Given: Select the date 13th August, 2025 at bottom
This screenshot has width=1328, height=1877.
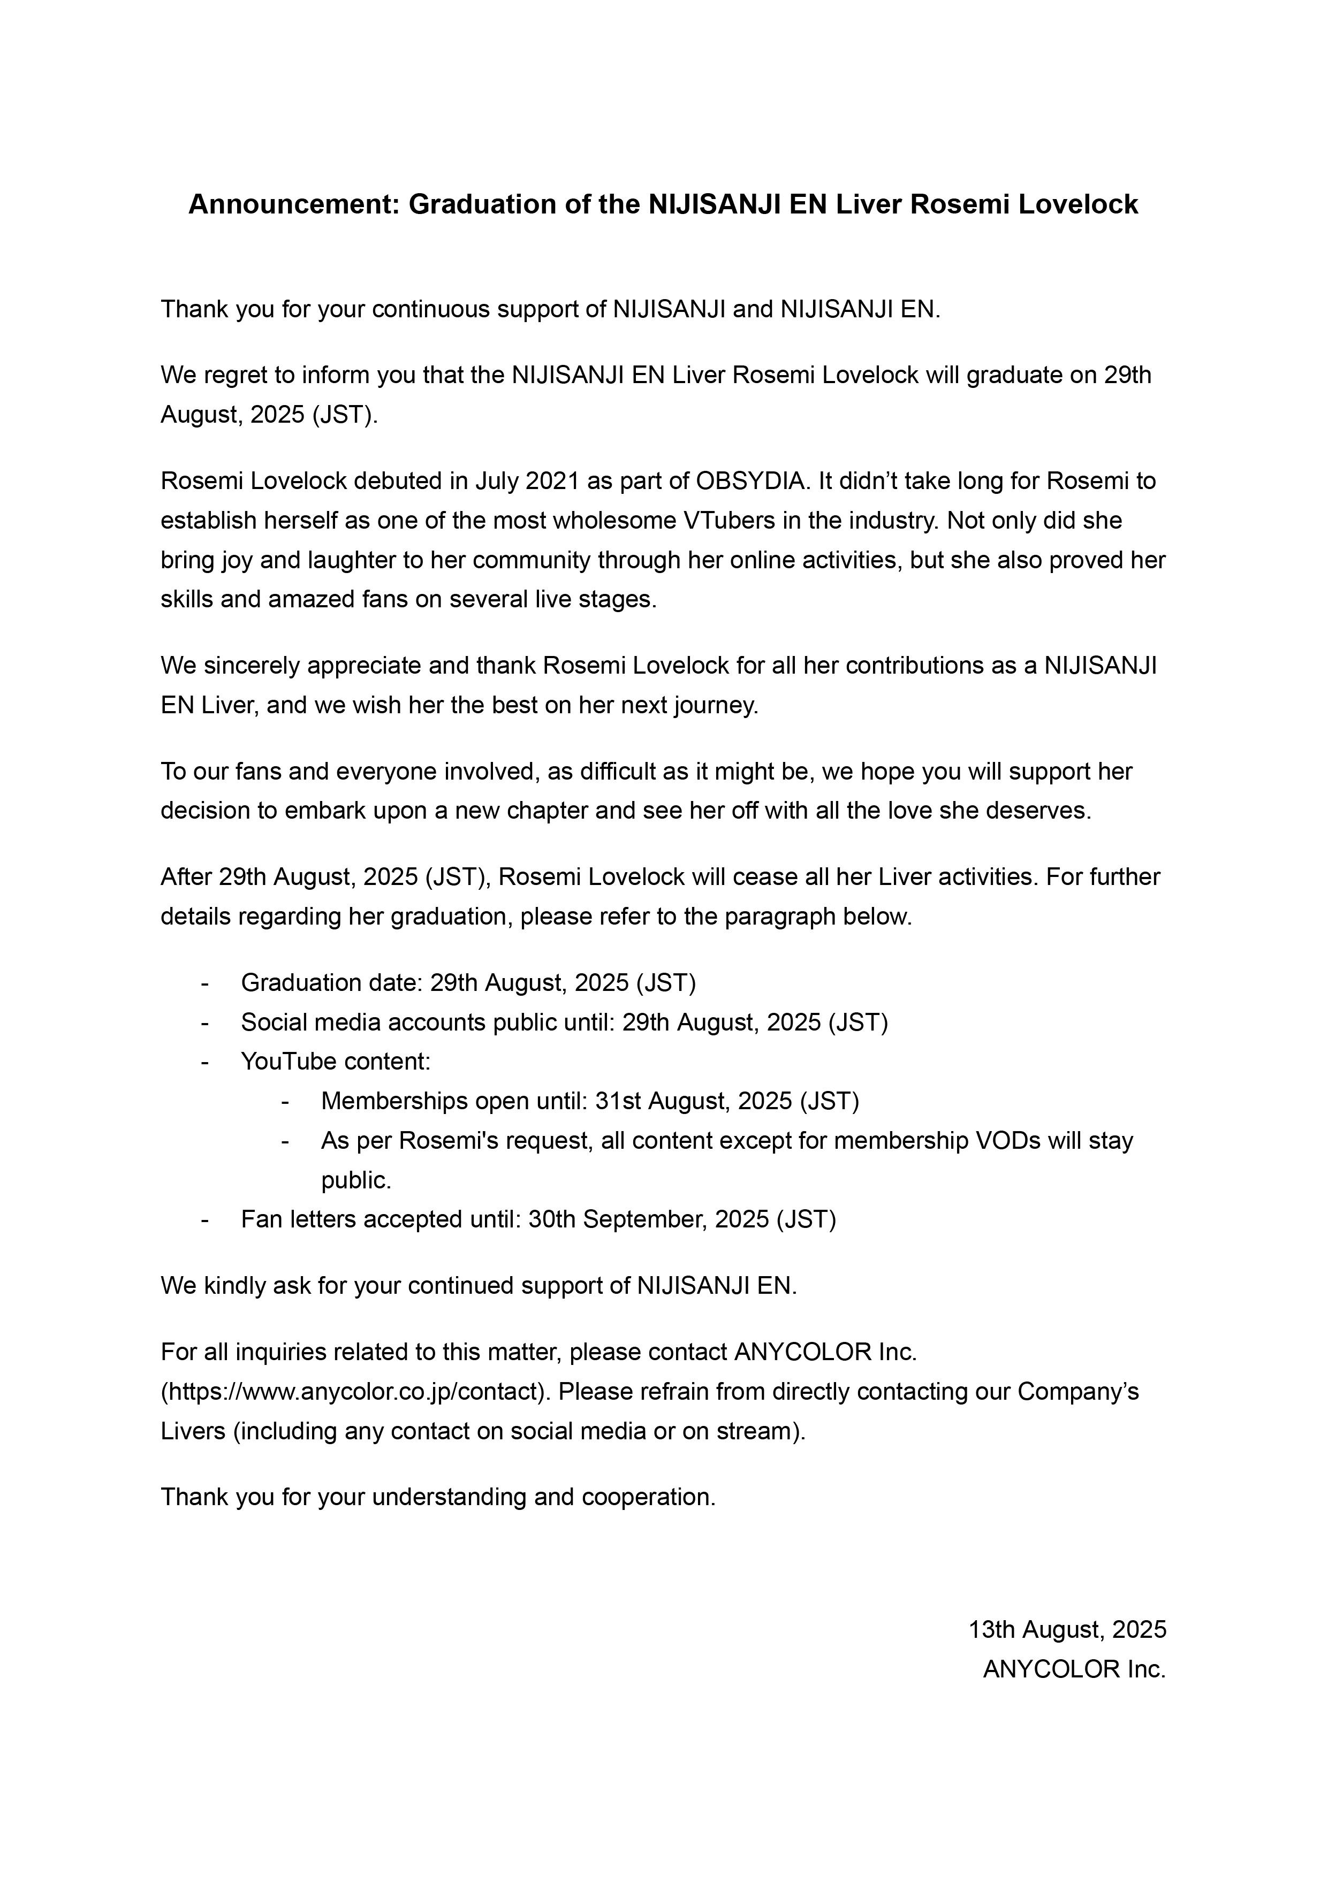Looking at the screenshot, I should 1067,1629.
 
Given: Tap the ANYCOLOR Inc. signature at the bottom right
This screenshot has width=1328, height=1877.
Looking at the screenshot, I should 1074,1669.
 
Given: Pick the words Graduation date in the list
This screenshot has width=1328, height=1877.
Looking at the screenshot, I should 330,983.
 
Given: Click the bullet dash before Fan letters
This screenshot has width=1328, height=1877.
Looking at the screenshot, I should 204,1220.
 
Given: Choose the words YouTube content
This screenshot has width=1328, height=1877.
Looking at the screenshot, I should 335,1062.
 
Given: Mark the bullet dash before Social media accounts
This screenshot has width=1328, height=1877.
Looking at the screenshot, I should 204,1023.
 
